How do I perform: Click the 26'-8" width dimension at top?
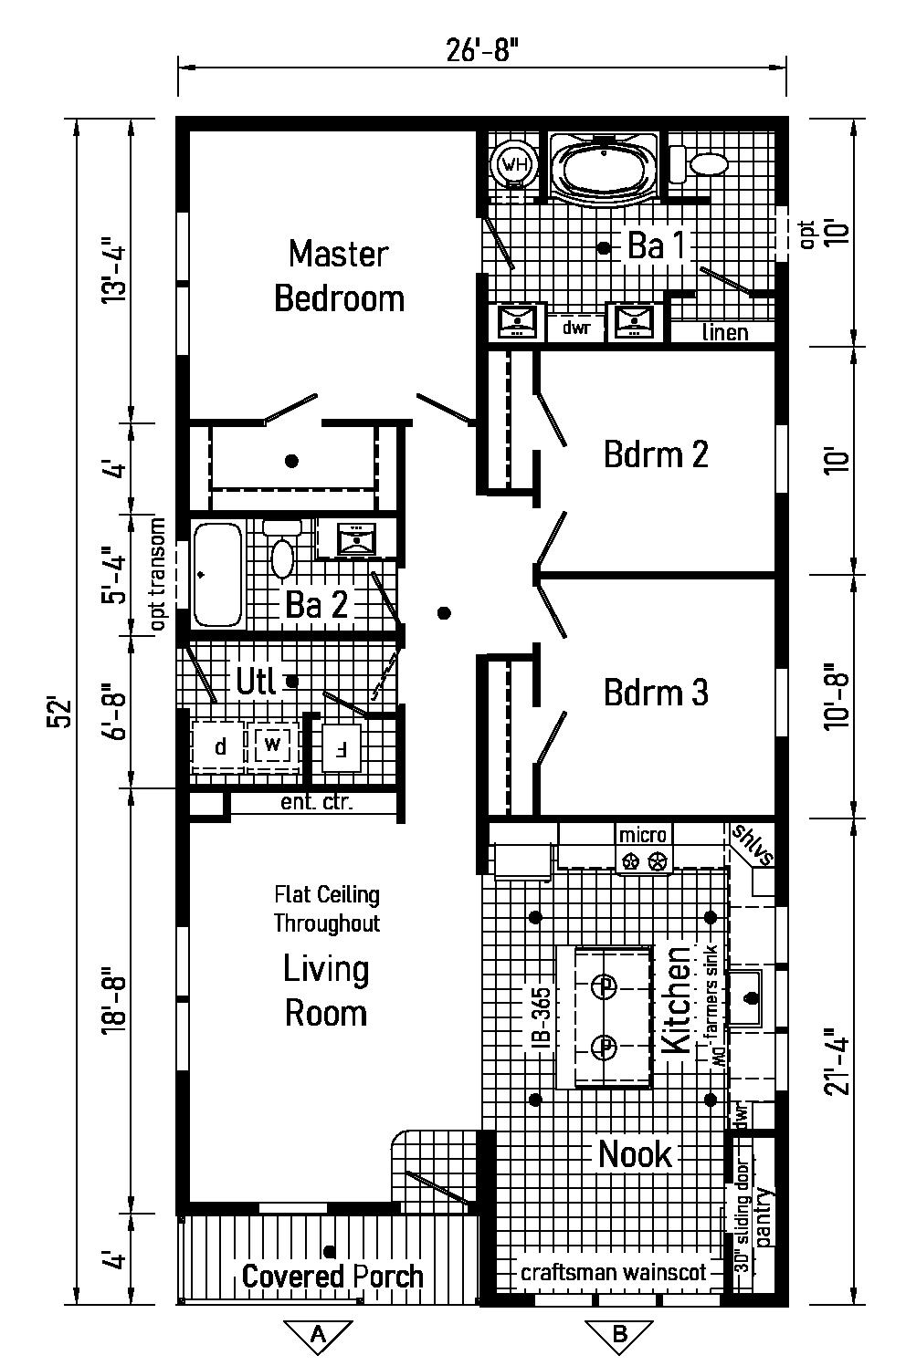pyautogui.click(x=482, y=49)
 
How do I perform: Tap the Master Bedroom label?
pyautogui.click(x=339, y=276)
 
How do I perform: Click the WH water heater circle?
pyautogui.click(x=515, y=165)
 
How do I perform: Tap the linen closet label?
pyautogui.click(x=725, y=332)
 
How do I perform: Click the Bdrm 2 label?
pyautogui.click(x=656, y=454)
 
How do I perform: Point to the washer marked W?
pyautogui.click(x=272, y=746)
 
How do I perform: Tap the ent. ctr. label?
pyautogui.click(x=316, y=803)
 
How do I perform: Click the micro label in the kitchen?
pyautogui.click(x=644, y=834)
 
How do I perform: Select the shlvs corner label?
pyautogui.click(x=752, y=845)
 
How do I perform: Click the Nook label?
pyautogui.click(x=635, y=1154)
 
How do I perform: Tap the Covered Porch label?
pyautogui.click(x=332, y=1276)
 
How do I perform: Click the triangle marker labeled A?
pyautogui.click(x=318, y=1334)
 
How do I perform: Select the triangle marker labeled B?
pyautogui.click(x=619, y=1334)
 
